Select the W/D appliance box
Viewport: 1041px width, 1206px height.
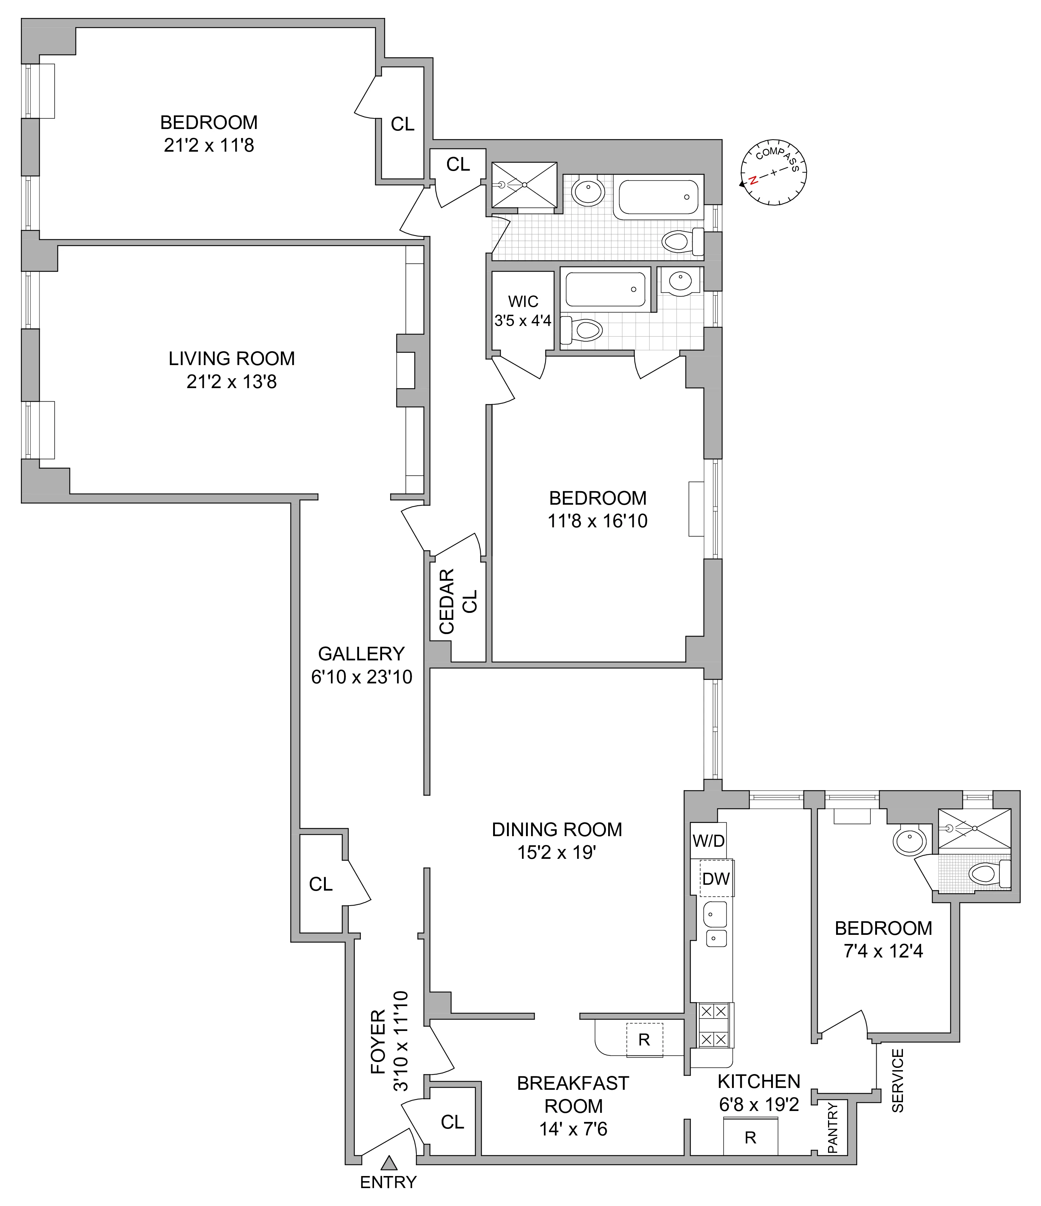click(x=708, y=841)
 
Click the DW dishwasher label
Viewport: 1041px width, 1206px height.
click(x=715, y=879)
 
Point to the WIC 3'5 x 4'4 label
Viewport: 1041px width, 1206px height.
click(x=523, y=311)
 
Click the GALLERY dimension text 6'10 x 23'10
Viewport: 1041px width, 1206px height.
click(x=361, y=677)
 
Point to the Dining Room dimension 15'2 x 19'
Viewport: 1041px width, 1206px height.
click(x=557, y=852)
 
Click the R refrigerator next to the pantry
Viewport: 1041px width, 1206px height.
click(x=750, y=1138)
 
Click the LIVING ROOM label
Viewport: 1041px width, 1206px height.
click(x=232, y=359)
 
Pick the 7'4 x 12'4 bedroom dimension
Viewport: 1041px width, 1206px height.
click(x=883, y=951)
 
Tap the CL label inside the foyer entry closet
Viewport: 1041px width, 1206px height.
click(x=452, y=1122)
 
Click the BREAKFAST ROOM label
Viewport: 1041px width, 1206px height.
click(x=573, y=1094)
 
